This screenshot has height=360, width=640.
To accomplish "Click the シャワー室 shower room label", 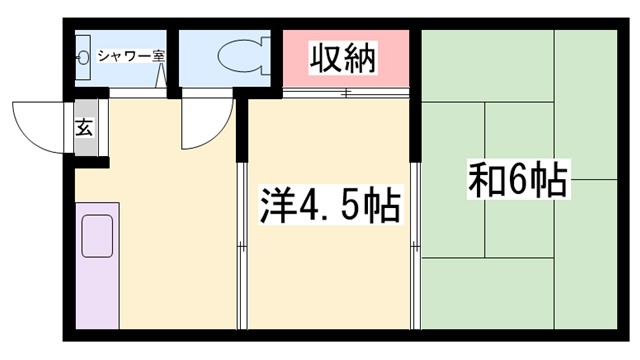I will click(x=131, y=57).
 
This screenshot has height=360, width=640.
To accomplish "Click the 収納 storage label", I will click(x=343, y=58).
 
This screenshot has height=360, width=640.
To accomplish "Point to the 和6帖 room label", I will click(x=517, y=181).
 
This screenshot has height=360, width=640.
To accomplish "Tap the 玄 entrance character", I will click(x=84, y=128).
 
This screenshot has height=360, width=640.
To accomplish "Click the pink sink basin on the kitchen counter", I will click(x=99, y=236).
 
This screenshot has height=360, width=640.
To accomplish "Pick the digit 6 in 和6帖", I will click(x=518, y=181).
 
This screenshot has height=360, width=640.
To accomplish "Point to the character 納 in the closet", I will click(x=361, y=58).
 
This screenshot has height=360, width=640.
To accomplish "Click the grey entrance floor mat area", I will click(x=86, y=129).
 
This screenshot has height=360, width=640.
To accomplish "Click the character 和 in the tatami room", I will click(x=484, y=181).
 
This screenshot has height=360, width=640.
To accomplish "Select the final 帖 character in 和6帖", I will click(x=550, y=181).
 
